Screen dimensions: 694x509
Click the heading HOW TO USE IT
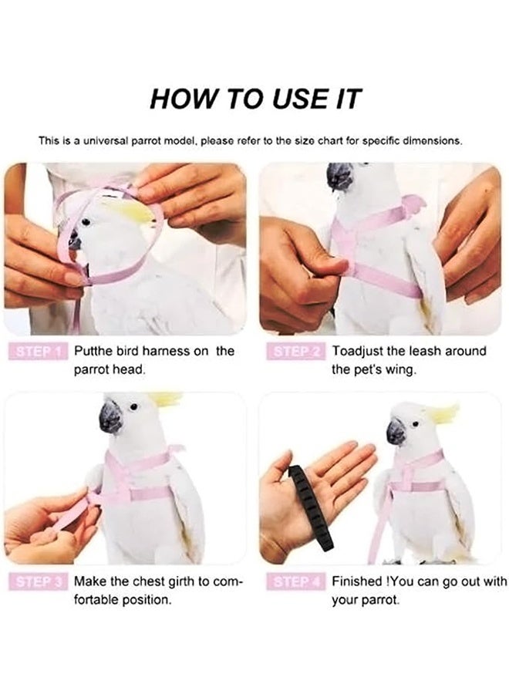pyautogui.click(x=255, y=99)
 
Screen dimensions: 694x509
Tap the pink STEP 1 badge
pyautogui.click(x=38, y=352)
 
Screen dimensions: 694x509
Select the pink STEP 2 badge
pyautogui.click(x=296, y=352)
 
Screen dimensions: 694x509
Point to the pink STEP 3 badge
pyautogui.click(x=38, y=581)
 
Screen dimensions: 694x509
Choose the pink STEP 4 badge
pyautogui.click(x=296, y=581)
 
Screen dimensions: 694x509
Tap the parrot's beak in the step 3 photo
pyautogui.click(x=110, y=417)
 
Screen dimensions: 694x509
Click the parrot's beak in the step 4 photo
pyautogui.click(x=396, y=431)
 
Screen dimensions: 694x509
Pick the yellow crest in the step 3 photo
pyautogui.click(x=165, y=399)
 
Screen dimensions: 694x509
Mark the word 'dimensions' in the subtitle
pyautogui.click(x=431, y=141)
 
